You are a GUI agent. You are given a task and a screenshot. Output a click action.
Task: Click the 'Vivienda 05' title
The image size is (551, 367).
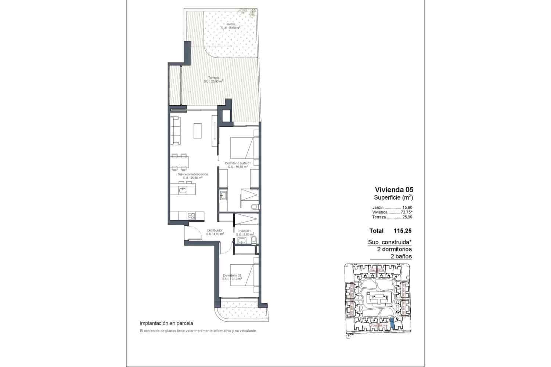click(x=394, y=190)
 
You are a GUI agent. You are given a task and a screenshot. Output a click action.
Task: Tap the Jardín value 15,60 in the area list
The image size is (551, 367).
click(x=407, y=207)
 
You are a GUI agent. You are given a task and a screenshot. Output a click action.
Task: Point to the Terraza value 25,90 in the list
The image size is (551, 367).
click(x=407, y=217)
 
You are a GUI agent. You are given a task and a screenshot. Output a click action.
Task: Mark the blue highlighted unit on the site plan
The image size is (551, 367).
click(x=393, y=323)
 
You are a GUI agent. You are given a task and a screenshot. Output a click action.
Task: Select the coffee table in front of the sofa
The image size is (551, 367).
click(x=197, y=130)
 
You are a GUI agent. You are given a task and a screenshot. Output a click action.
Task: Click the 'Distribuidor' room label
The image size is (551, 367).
click(x=215, y=230)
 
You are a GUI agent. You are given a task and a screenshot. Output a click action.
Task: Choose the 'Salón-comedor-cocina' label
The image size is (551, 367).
click(x=193, y=174)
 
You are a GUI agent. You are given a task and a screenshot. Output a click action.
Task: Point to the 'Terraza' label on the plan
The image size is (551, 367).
click(x=213, y=78)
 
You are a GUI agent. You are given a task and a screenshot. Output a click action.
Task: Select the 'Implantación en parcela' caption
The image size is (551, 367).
click(x=166, y=323)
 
